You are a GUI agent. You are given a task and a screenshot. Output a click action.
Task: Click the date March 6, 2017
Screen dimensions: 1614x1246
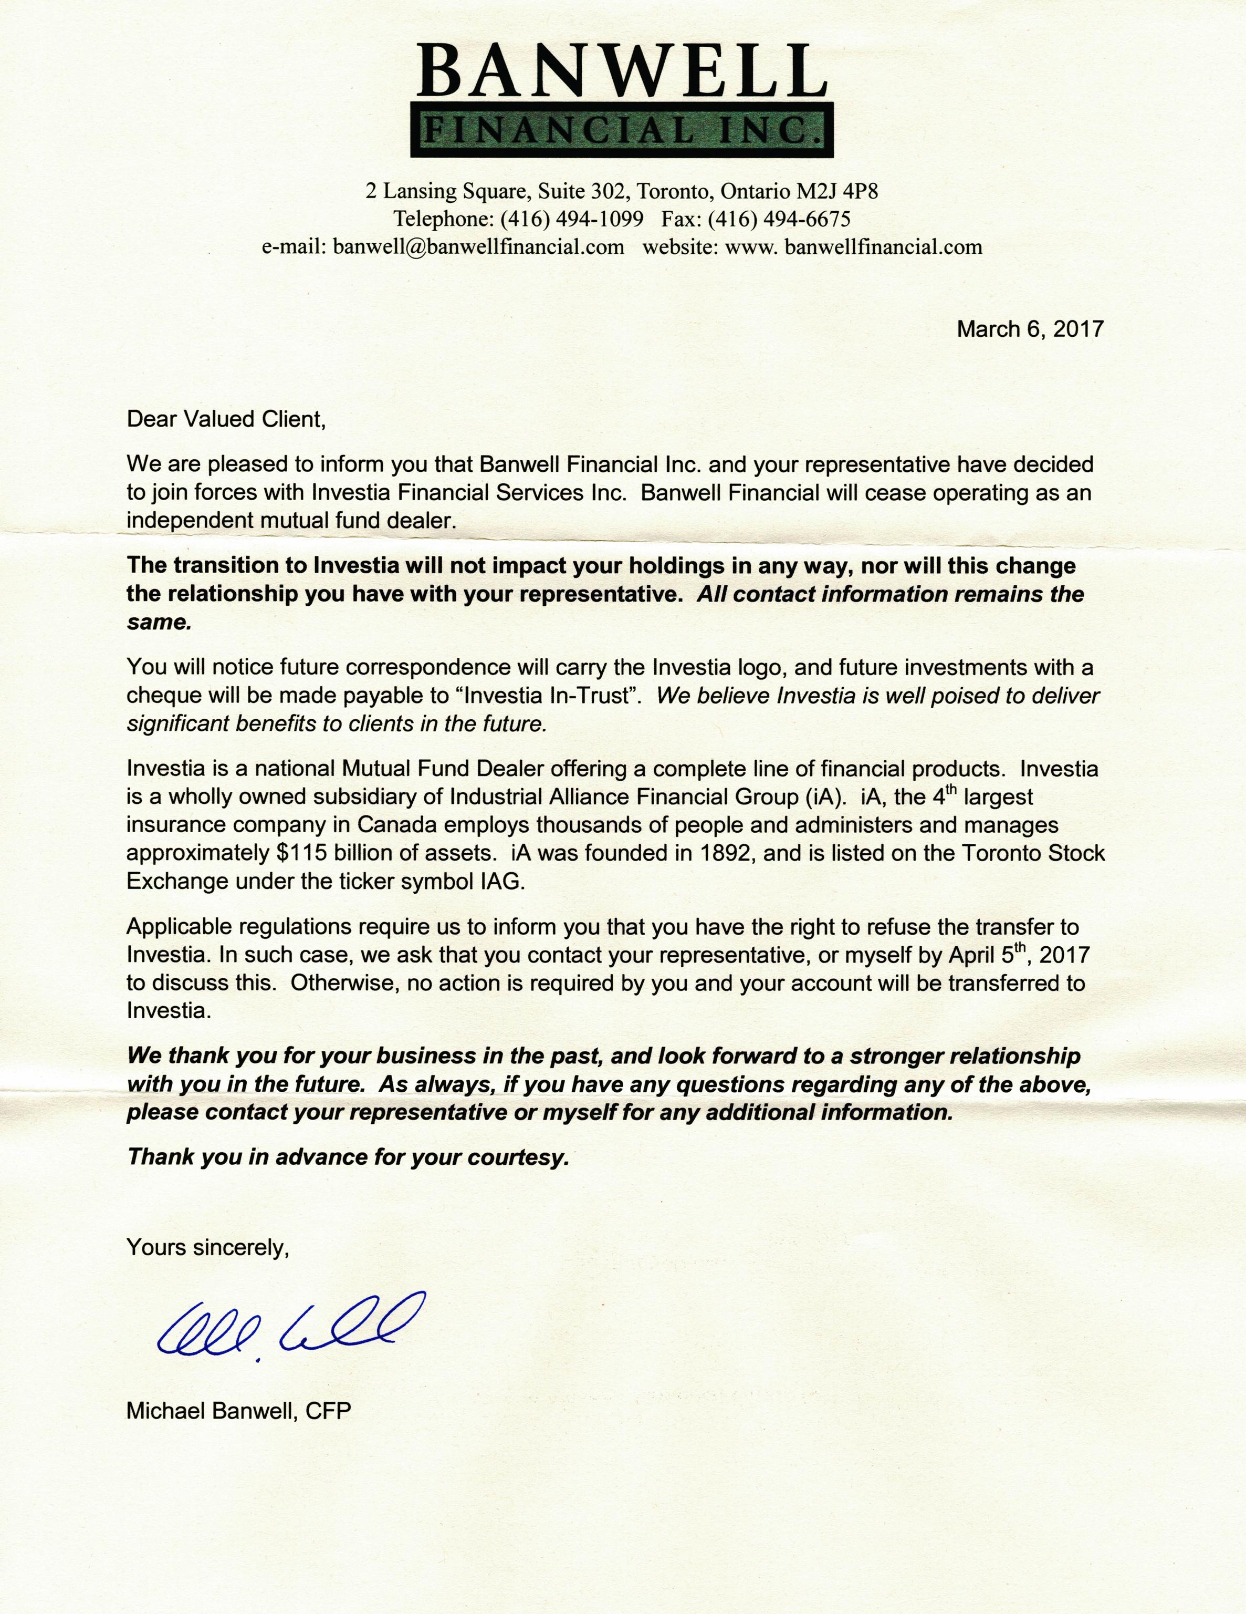click(1030, 329)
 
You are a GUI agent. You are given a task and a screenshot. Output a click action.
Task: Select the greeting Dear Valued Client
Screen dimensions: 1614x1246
click(226, 420)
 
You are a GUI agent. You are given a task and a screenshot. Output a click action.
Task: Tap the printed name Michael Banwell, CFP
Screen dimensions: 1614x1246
click(238, 1411)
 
